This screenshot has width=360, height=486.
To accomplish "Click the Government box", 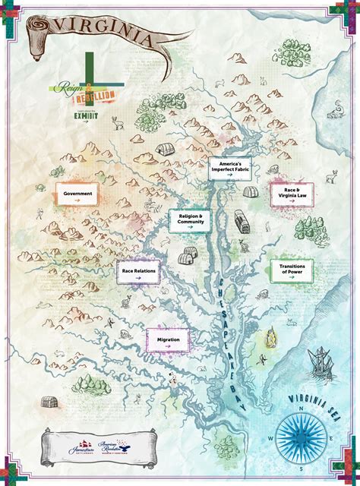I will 78,194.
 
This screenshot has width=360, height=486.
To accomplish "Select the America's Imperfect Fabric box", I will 231,170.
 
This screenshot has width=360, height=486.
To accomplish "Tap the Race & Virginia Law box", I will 292,195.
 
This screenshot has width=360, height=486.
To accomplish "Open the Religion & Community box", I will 190,220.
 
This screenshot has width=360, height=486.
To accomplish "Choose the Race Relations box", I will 139,272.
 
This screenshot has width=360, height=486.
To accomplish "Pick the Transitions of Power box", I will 292,271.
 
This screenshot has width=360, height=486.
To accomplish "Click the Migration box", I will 168,341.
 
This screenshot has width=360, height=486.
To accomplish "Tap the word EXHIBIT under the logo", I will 87,117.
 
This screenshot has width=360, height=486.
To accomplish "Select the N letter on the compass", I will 302,406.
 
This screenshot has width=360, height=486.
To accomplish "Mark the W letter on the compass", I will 271,438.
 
